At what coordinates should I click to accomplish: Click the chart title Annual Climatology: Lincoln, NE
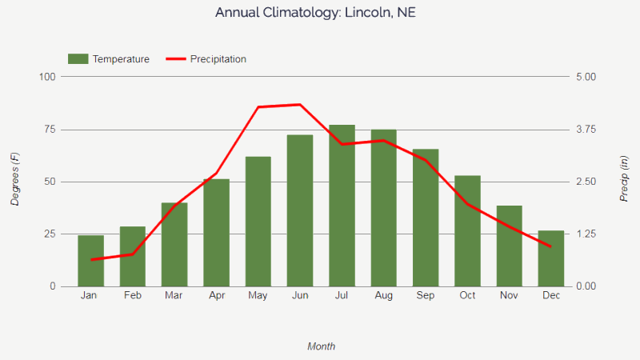[x=315, y=14]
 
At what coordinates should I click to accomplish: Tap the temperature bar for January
[x=90, y=261]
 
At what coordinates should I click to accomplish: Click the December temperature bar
[x=551, y=258]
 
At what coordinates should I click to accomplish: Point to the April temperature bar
[x=216, y=232]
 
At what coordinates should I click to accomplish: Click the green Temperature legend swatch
[x=78, y=59]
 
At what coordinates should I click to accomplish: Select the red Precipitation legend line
[x=175, y=59]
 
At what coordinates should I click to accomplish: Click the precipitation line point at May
[x=258, y=107]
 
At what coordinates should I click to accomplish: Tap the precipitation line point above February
[x=133, y=254]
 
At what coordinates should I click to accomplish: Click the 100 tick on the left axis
[x=46, y=77]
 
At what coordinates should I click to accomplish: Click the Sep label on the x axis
[x=426, y=296]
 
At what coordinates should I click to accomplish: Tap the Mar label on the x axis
[x=174, y=296]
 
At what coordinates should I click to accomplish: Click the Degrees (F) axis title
[x=15, y=180]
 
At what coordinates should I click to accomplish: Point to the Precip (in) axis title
[x=624, y=179]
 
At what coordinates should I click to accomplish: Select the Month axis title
[x=322, y=346]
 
